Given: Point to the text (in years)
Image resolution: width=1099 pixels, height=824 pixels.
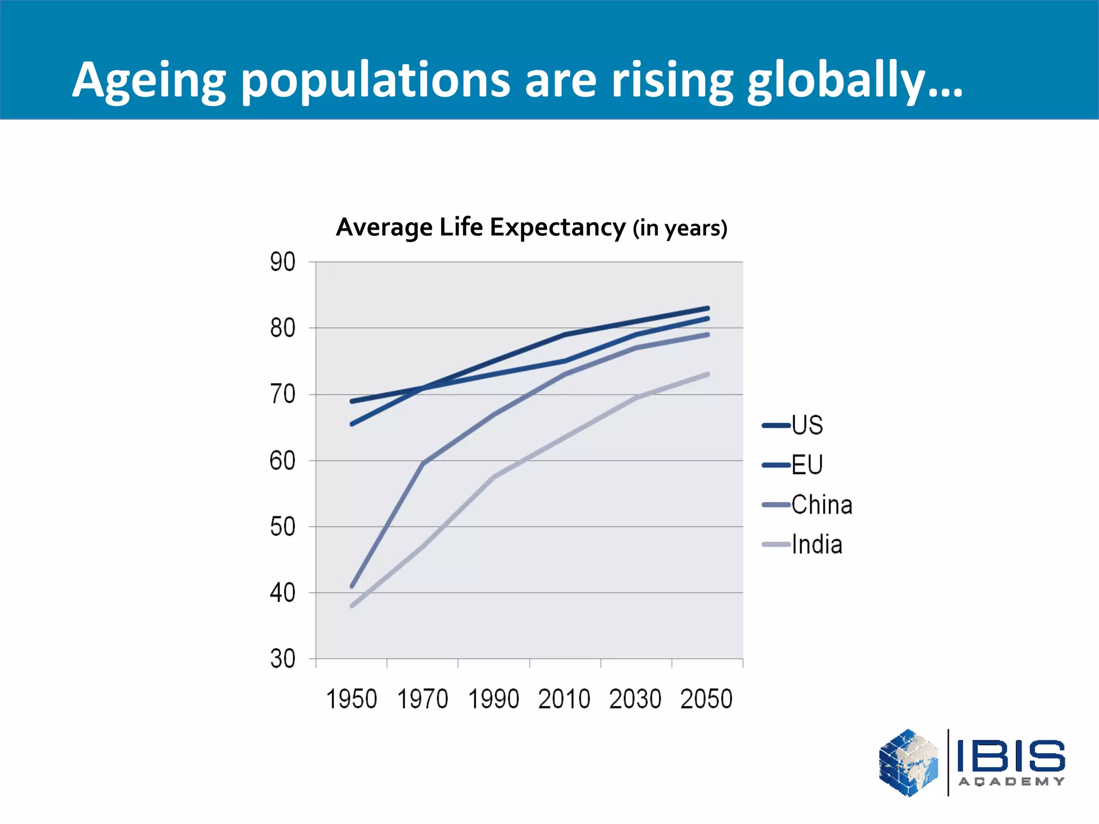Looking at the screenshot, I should (679, 229).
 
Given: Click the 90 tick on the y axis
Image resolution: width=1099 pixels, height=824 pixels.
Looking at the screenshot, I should (283, 262).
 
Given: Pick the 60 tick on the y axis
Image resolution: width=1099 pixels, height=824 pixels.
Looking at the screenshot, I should (283, 461).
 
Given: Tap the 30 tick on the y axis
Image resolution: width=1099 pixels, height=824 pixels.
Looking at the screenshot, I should (283, 659).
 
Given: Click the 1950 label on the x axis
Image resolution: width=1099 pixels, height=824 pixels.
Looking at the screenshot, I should (351, 699).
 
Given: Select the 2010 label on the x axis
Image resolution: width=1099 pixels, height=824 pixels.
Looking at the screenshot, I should (565, 699).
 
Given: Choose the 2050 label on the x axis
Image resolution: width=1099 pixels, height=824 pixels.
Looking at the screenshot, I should (706, 699).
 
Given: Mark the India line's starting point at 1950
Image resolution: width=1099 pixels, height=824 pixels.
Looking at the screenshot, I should (352, 606).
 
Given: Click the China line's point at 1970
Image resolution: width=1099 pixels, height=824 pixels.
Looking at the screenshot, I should (423, 464).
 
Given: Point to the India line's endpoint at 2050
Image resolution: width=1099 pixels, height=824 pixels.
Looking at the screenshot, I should (707, 374).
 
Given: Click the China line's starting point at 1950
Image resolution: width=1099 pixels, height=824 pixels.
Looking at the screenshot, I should (352, 586).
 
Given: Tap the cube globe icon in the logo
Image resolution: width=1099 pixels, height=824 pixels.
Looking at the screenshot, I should (908, 762).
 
